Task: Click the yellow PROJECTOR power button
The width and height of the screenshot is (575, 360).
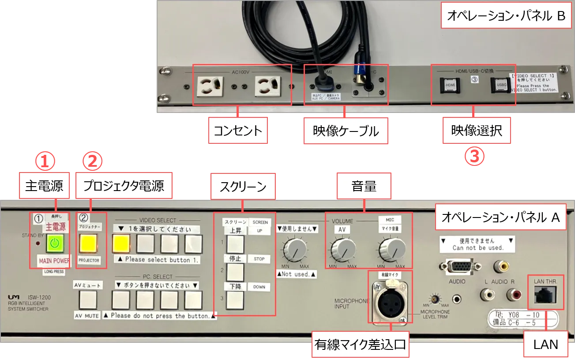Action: [89, 242]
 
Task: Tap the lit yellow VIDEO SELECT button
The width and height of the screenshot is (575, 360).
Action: [121, 242]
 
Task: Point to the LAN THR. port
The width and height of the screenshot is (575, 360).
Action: [545, 295]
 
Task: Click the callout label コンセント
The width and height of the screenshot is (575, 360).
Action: [238, 130]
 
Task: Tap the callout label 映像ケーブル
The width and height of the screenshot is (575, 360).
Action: [346, 131]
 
